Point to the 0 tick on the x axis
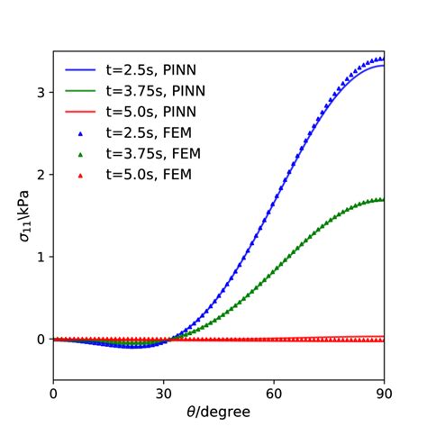point(53,393)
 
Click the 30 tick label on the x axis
point(164,393)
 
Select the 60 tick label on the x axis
point(274,393)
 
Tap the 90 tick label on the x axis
point(385,393)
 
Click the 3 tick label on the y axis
point(41,92)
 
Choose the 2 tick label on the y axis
point(41,174)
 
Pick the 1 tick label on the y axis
point(41,257)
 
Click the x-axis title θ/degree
point(219,411)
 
